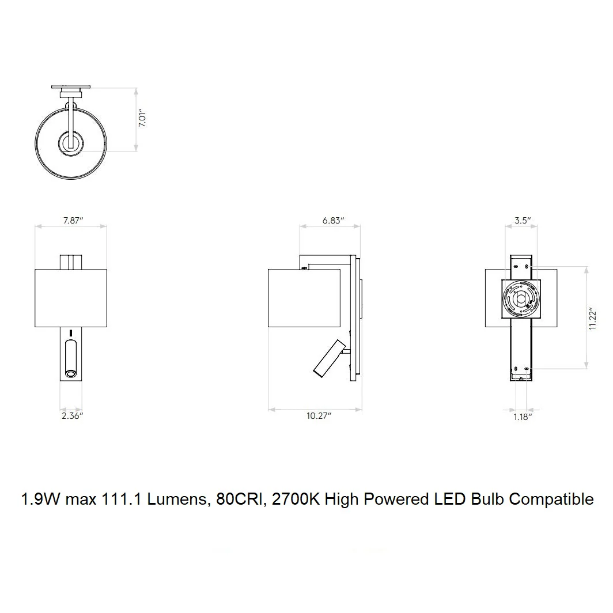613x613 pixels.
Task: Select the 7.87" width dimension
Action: pos(73,221)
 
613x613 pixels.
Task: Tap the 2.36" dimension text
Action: pos(73,416)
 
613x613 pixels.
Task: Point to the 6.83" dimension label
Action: pos(333,221)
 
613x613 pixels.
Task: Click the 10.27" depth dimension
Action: pos(319,416)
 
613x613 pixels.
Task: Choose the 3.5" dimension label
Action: pos(523,221)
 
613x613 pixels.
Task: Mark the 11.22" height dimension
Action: pos(593,319)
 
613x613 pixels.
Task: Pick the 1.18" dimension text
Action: pos(523,417)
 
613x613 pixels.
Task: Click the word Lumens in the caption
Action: pos(177,500)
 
